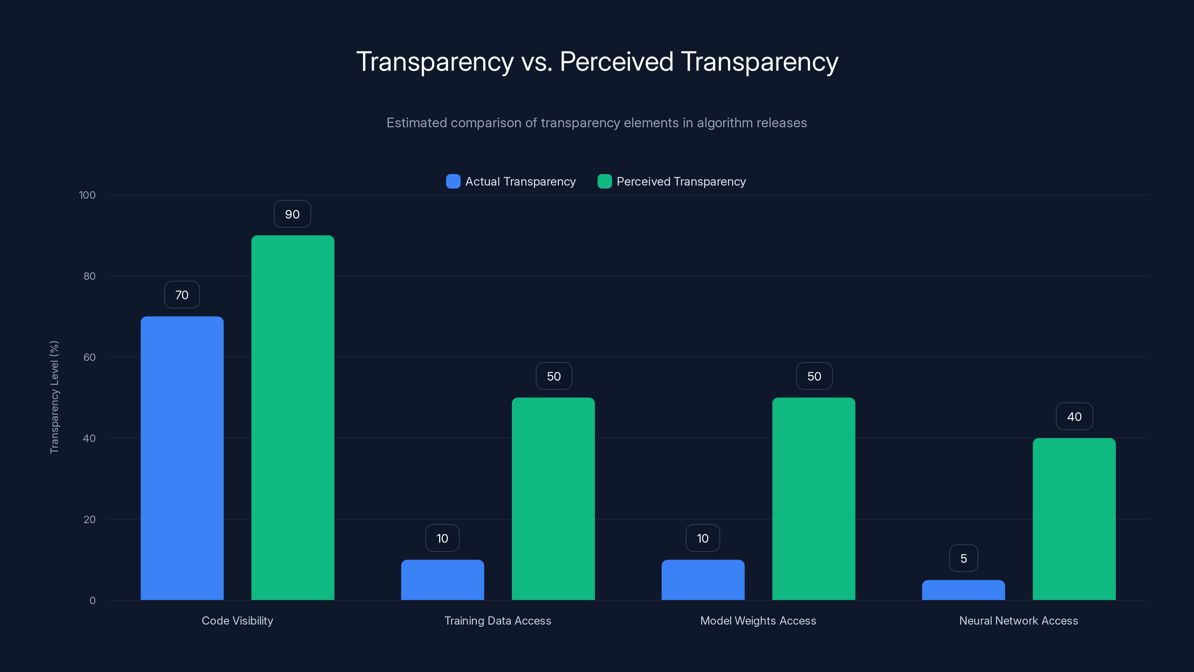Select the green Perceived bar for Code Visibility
[x=293, y=417]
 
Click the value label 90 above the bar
[x=292, y=214]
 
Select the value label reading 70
[x=182, y=295]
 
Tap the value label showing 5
[x=963, y=559]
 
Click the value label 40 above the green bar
[x=1074, y=417]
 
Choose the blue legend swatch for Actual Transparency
[x=453, y=181]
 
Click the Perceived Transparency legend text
[x=681, y=181]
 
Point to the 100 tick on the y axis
[x=87, y=195]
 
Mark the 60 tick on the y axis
[x=90, y=357]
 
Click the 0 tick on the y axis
[x=92, y=601]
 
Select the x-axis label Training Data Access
[x=497, y=620]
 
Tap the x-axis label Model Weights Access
[x=758, y=620]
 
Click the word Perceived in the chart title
[x=616, y=62]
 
